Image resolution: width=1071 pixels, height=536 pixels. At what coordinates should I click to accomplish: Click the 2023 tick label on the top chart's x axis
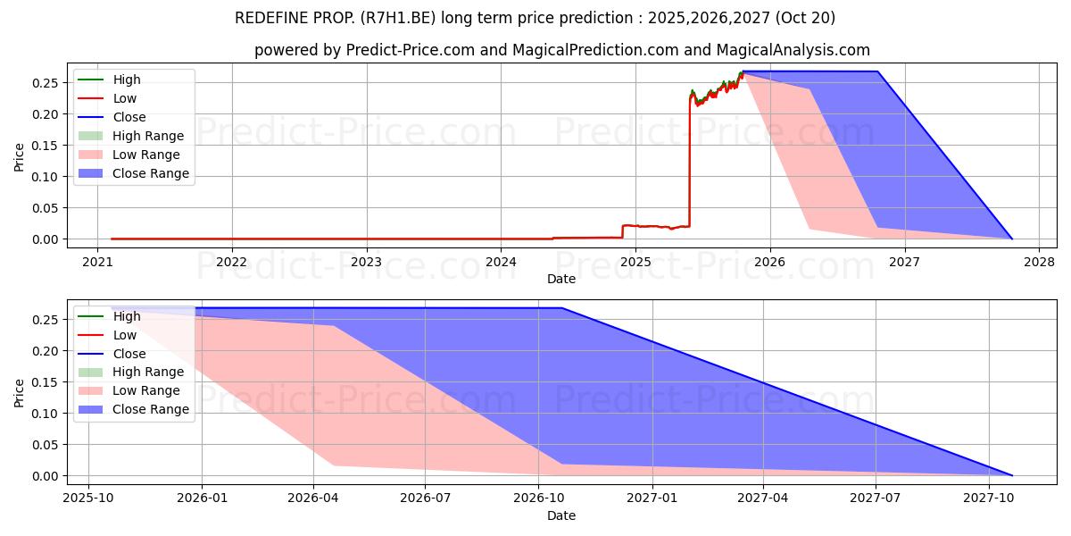[366, 262]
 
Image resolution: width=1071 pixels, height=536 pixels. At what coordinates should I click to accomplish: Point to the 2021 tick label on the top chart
[97, 262]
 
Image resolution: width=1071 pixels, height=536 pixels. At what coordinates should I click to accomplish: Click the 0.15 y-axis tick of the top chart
[46, 146]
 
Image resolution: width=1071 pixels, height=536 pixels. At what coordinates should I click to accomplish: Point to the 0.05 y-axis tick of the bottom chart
[46, 445]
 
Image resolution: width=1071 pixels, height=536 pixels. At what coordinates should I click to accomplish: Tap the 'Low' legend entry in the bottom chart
[125, 335]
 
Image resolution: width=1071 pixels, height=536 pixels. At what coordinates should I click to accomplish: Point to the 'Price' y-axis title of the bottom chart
[20, 392]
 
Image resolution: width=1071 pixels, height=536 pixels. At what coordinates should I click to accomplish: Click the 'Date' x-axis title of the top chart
[562, 279]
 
